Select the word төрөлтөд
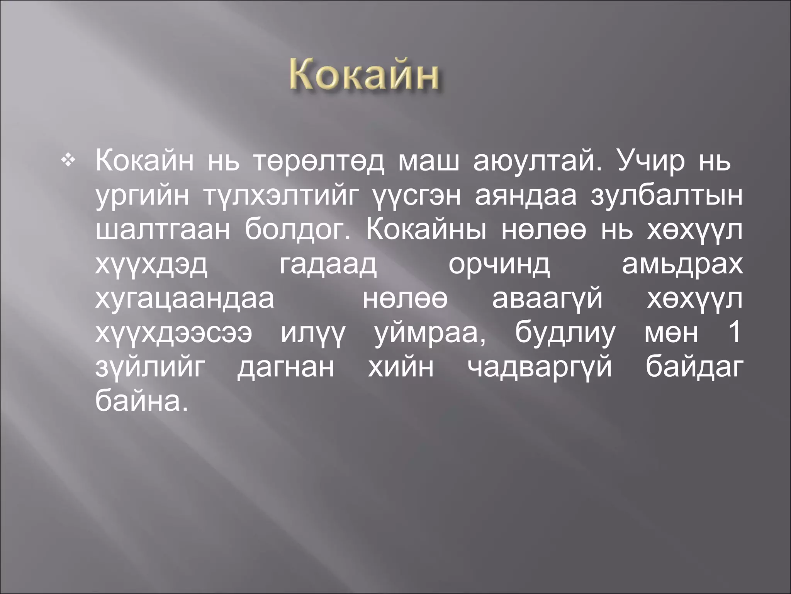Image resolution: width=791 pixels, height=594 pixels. (x=319, y=163)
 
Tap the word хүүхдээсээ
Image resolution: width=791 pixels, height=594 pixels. (x=174, y=333)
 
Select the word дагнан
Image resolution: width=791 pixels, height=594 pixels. (x=285, y=367)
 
